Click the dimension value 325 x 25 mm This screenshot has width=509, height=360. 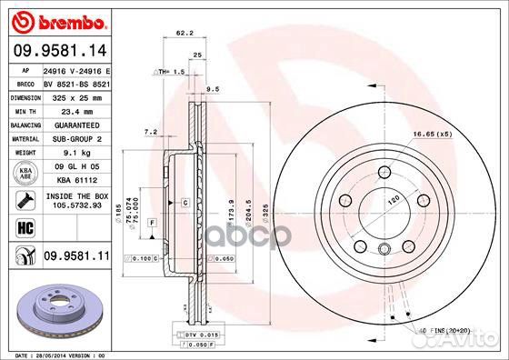pos(75,95)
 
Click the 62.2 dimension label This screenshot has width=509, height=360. pos(183,34)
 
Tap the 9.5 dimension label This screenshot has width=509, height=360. pos(214,89)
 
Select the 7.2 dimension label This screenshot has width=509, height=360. pos(151,132)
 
